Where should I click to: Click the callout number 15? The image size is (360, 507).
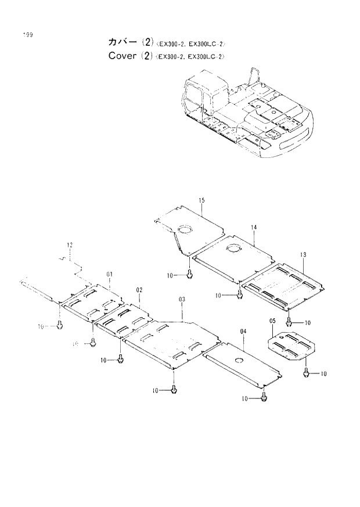[201, 201]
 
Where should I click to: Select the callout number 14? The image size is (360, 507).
[254, 227]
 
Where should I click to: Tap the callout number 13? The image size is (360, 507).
[303, 255]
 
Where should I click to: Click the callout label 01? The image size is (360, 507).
[109, 274]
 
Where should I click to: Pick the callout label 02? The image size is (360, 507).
[139, 289]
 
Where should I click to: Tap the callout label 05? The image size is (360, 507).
[272, 321]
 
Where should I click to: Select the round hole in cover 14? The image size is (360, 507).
[232, 249]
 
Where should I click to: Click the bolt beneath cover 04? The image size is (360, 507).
[265, 397]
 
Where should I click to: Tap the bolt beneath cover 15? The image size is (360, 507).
[190, 274]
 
